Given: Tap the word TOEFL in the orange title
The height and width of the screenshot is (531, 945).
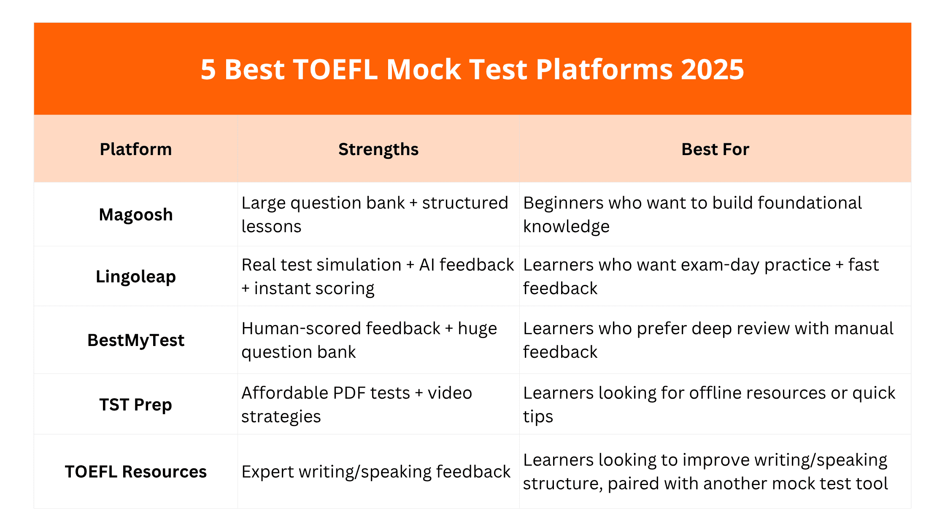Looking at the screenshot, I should coord(335,70).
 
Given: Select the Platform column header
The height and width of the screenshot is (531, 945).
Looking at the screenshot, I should coord(136,149).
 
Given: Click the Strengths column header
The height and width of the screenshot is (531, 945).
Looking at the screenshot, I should coord(378,149).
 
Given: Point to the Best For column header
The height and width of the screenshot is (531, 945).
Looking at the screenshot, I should coord(715,149).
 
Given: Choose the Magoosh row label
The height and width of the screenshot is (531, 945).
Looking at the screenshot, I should coord(136,215).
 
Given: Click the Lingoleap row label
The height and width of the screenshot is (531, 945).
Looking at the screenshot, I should coord(136,276).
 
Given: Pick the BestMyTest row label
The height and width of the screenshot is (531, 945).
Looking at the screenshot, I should coord(136,340).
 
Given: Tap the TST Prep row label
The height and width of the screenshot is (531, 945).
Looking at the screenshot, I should coord(136,405).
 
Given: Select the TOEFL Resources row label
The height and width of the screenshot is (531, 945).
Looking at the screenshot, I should coord(136,472).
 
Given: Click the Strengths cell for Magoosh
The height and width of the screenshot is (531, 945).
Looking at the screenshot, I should coord(375,215).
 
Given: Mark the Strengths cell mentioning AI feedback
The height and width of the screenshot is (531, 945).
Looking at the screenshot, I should coord(377,276).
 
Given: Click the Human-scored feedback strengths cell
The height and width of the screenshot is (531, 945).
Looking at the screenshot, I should coord(369,340).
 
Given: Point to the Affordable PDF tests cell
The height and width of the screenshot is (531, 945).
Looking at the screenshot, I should coord(356,405).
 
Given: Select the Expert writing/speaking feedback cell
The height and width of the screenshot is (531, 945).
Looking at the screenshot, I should coord(375,472).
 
